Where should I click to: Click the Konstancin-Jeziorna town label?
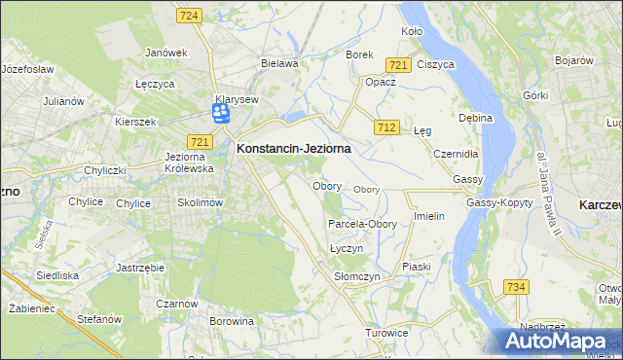[293, 149]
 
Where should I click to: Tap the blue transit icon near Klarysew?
[221, 115]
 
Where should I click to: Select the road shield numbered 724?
[190, 16]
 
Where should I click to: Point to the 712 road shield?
[386, 127]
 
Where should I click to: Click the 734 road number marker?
[516, 286]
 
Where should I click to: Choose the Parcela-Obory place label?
[362, 224]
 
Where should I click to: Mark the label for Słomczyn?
[356, 276]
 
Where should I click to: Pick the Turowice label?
[386, 333]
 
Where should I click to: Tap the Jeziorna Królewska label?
[190, 162]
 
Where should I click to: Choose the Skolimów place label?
[202, 202]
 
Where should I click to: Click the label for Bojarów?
[574, 60]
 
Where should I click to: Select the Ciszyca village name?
[435, 64]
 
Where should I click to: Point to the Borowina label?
[232, 320]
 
